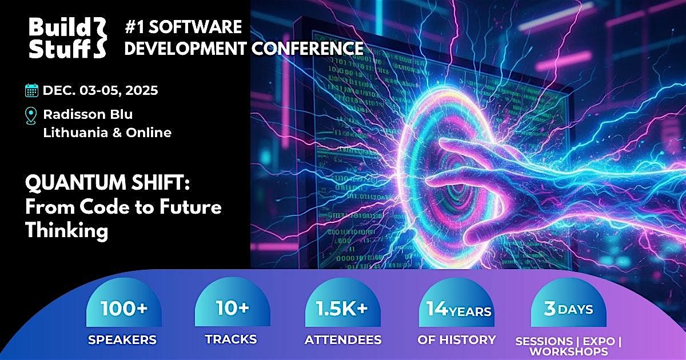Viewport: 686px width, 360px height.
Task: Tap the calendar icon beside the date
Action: pos(31,90)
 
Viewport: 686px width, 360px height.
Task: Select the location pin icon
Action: pos(31,115)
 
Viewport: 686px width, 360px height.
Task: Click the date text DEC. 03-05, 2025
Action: pos(100,90)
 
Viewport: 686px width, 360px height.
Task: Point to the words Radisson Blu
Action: pos(87,114)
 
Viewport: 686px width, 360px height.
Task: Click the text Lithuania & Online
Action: pos(107,133)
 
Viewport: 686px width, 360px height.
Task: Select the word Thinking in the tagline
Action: pos(66,230)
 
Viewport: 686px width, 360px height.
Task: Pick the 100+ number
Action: pos(124,309)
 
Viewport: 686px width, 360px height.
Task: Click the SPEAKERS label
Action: pos(122,340)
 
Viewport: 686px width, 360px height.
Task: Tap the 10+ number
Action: pos(232,309)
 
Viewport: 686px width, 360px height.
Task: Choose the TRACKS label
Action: pos(231,339)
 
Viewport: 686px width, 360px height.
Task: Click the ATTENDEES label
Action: pos(343,340)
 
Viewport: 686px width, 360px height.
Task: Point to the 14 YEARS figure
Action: pos(458,309)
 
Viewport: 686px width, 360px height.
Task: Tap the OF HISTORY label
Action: pos(457,339)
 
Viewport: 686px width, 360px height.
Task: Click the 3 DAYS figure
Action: pos(568,309)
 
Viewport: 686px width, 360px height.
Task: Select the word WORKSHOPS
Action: pos(568,352)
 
